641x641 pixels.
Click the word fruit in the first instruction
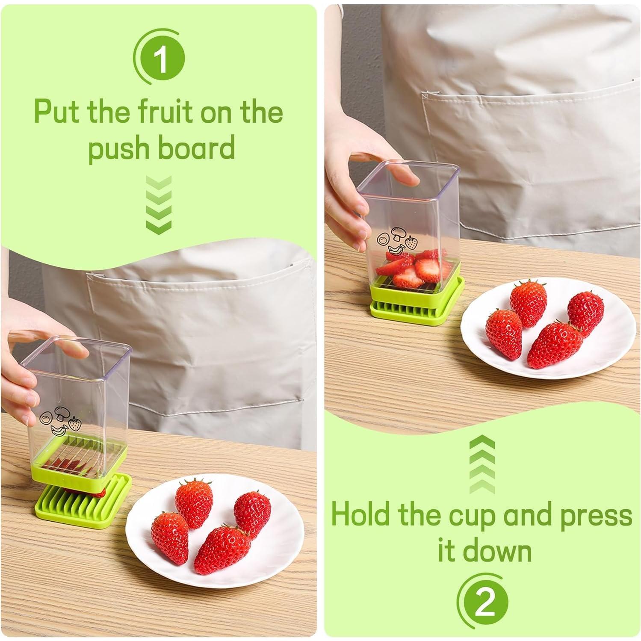pyautogui.click(x=170, y=112)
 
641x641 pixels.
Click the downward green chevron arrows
pyautogui.click(x=159, y=205)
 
